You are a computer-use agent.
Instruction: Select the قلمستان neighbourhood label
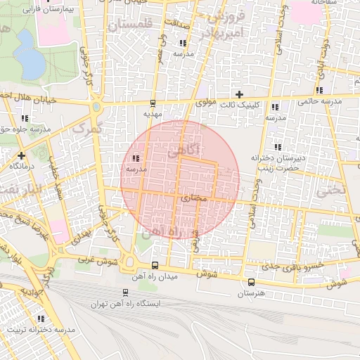coord(130,26)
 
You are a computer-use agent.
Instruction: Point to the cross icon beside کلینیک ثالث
coord(239,94)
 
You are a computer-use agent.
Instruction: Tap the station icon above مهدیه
coord(153,103)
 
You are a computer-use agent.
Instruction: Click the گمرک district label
coord(87,129)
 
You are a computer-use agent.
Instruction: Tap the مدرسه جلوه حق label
coord(26,129)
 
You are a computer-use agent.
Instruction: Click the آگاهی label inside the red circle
coord(185,149)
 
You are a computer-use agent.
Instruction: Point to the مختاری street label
coord(195,198)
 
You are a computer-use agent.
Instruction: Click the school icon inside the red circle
coord(135,158)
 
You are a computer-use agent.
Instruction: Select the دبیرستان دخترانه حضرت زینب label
coord(281,163)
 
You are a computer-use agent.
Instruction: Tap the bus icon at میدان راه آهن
coord(155,265)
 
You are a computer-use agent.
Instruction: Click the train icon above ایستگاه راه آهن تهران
coord(125,292)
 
